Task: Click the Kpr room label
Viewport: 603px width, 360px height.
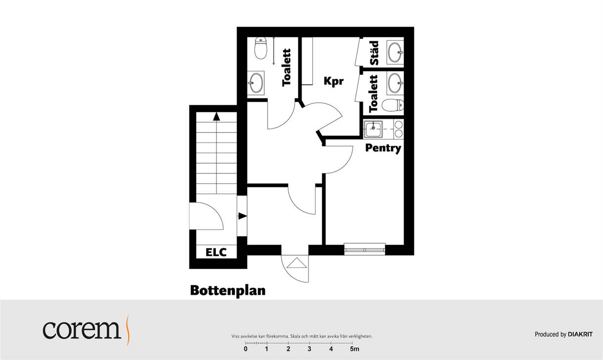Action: click(334, 81)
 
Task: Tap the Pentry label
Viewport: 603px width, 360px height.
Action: click(383, 148)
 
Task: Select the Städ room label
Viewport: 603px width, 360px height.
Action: click(374, 53)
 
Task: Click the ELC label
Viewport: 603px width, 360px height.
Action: click(216, 252)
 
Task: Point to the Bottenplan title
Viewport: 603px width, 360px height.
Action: click(228, 291)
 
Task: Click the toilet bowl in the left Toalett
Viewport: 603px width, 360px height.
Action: click(260, 48)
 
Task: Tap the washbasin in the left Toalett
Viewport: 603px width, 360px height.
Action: click(256, 83)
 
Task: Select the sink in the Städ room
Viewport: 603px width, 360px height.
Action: click(395, 52)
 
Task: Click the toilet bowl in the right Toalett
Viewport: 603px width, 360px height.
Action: click(393, 105)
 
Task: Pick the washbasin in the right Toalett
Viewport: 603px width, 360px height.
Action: click(395, 83)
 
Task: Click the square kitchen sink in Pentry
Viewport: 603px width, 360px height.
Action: click(373, 130)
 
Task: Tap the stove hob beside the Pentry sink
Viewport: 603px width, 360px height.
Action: click(398, 129)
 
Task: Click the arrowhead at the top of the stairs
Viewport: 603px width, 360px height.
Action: click(216, 117)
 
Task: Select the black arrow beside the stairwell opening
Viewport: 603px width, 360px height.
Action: click(243, 216)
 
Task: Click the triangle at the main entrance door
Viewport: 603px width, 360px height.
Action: click(297, 263)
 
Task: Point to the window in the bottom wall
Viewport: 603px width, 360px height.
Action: click(365, 249)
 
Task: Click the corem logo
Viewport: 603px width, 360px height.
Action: click(86, 330)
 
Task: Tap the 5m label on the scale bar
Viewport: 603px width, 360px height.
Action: click(354, 349)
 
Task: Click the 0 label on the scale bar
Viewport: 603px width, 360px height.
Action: click(246, 349)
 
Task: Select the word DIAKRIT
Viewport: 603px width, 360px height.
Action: click(580, 334)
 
